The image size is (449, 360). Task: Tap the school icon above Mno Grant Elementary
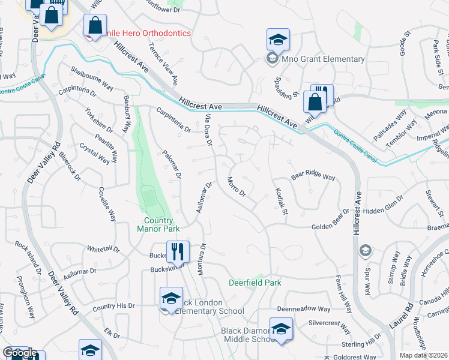pos(278,40)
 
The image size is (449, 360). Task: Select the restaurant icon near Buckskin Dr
pos(178,251)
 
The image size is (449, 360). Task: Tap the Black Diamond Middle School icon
pos(280,330)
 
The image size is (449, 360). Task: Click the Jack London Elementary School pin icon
pos(171,299)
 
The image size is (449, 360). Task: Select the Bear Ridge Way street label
pos(313,177)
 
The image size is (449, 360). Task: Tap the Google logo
pos(20,353)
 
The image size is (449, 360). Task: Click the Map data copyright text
pos(424,355)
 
